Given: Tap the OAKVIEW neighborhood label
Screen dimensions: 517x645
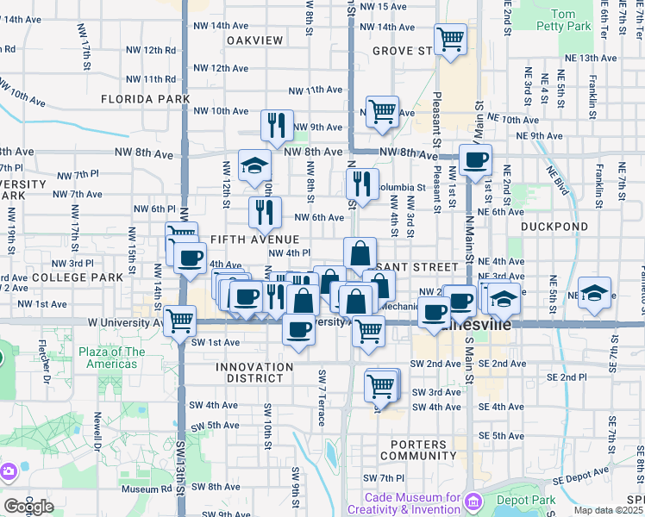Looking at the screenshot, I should coord(254,40).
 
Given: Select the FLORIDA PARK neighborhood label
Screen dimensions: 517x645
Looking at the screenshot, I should coord(145,99).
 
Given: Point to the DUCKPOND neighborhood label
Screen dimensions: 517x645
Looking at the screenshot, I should coord(554,227).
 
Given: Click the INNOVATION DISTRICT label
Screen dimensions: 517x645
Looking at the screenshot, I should coord(254,367).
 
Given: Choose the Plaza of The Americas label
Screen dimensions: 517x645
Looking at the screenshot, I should coord(112,358).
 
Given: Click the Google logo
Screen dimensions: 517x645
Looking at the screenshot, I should coord(29,506).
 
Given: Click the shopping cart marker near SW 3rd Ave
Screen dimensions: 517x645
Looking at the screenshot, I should coord(380,385).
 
